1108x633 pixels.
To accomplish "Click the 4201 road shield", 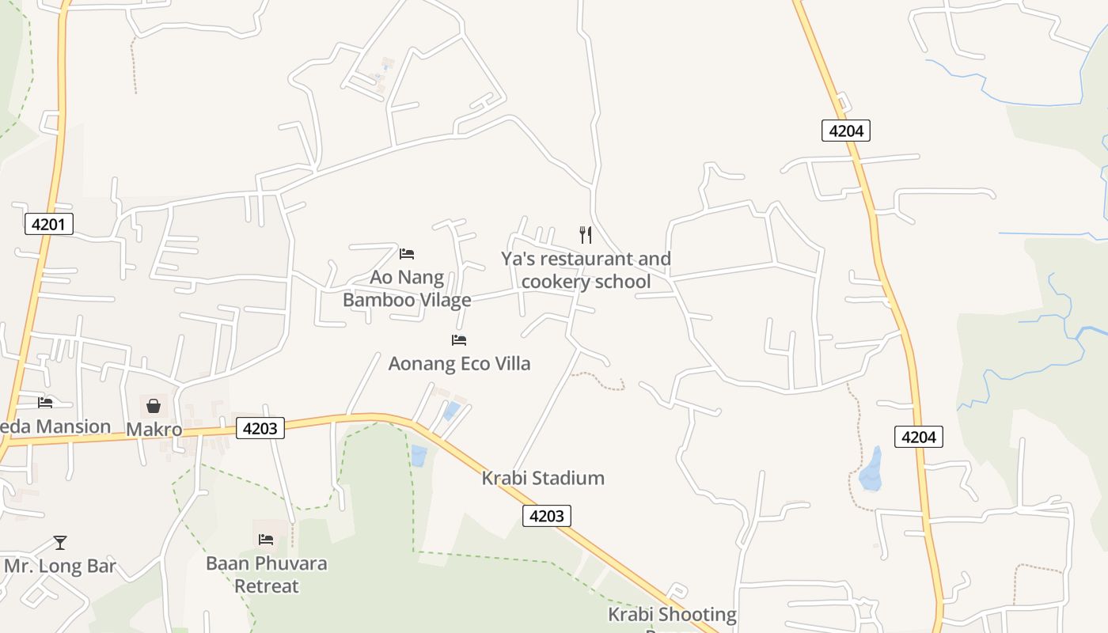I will [x=48, y=224].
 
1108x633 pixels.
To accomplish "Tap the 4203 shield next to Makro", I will [x=260, y=428].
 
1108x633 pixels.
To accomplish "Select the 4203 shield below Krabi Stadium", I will [x=546, y=516].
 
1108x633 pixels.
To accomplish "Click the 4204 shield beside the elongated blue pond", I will [x=918, y=436].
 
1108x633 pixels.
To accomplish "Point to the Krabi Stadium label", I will [x=543, y=478].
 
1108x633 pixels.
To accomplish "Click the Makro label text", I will [x=154, y=430].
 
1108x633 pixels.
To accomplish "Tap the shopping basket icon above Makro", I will [x=154, y=406].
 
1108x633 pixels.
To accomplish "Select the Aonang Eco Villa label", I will [x=459, y=363].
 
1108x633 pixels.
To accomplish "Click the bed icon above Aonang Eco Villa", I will [x=459, y=340].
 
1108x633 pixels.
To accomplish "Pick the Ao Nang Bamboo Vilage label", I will [x=407, y=289].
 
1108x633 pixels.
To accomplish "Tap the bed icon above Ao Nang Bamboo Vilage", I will [x=407, y=254].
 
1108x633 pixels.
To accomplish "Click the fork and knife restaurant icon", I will [x=586, y=234].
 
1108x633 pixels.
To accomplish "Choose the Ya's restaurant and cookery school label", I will [x=586, y=270].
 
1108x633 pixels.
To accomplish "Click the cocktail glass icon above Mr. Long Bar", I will [x=60, y=543].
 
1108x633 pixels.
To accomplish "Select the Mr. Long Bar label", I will [x=60, y=566].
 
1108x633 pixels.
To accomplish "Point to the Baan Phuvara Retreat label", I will [x=266, y=574].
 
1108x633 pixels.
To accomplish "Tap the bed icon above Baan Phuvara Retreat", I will [x=266, y=540].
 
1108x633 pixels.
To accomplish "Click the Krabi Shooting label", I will [x=672, y=614].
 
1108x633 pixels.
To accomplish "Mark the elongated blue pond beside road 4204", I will [x=871, y=468].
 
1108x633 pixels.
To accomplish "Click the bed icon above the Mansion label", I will [x=45, y=403].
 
